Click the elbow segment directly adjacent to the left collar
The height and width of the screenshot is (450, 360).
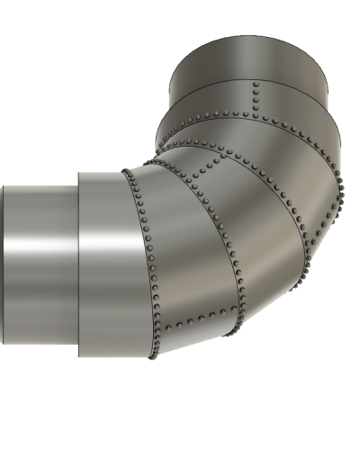tap(180, 261)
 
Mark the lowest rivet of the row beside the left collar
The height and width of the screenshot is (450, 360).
tap(153, 356)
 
